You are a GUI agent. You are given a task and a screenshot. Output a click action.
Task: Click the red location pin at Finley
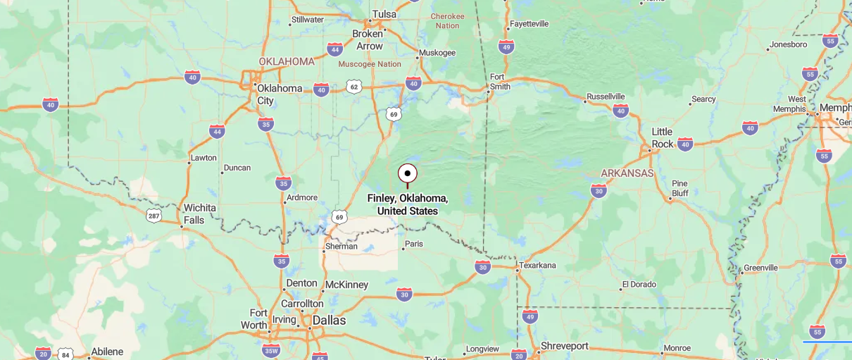click(x=407, y=173)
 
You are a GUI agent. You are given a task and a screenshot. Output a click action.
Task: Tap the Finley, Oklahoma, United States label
click(x=407, y=204)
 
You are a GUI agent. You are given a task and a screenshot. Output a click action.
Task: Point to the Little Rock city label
click(x=662, y=137)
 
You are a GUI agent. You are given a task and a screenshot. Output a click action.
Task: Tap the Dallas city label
click(x=329, y=320)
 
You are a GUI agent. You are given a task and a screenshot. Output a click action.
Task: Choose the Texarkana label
click(x=539, y=266)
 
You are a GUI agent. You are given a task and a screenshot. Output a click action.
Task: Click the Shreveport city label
click(x=564, y=346)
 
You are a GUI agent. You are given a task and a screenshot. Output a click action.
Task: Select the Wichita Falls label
click(x=199, y=213)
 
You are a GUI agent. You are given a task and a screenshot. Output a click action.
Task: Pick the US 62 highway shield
click(x=353, y=87)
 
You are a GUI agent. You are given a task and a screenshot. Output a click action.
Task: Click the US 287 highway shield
click(x=154, y=215)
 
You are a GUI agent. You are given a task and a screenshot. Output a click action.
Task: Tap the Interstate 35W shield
click(x=270, y=350)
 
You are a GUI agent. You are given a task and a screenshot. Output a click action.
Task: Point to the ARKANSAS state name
click(x=627, y=173)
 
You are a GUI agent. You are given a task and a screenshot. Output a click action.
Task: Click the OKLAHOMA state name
click(x=287, y=61)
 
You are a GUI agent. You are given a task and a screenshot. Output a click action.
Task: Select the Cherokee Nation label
click(x=447, y=20)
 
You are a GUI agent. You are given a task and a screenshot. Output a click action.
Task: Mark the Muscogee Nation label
click(x=370, y=64)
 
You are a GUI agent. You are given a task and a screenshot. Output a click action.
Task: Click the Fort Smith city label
click(x=499, y=82)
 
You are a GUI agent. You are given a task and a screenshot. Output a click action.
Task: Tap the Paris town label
click(x=414, y=244)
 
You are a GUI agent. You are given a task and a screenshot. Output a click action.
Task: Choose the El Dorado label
click(x=639, y=285)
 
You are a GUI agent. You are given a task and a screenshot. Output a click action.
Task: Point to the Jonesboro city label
click(x=788, y=44)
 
